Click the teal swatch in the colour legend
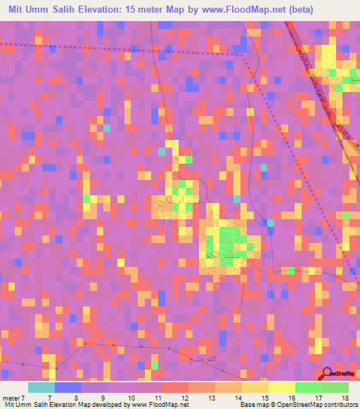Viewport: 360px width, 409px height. click(x=41, y=387)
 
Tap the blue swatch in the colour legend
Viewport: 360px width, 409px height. click(x=68, y=387)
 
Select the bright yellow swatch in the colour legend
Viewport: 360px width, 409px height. click(x=282, y=387)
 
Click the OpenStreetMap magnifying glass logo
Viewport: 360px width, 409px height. click(x=328, y=373)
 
